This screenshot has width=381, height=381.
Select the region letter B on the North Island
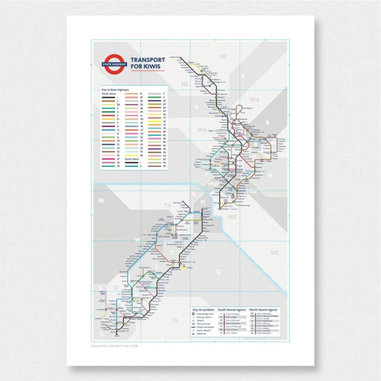[x=269, y=123]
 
